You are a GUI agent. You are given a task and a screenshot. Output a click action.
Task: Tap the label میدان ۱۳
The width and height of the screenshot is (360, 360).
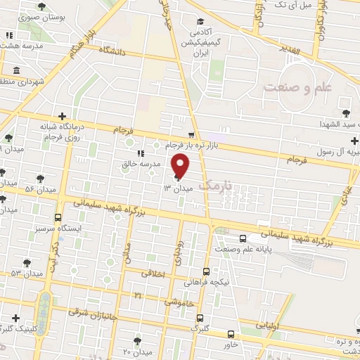(177, 188)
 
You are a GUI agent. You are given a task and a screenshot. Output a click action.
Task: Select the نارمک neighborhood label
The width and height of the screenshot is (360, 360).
(215, 185)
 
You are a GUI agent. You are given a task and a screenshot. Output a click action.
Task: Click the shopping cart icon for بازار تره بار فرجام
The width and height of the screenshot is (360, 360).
(191, 133)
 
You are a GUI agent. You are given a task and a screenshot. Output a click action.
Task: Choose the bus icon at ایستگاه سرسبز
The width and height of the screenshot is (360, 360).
(58, 217)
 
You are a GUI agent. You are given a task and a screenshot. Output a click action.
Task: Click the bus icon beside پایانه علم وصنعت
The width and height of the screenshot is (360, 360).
(243, 238)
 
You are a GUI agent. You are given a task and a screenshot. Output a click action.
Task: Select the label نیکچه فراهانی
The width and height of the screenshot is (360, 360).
(211, 281)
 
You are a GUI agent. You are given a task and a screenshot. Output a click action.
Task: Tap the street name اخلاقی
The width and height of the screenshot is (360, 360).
(153, 274)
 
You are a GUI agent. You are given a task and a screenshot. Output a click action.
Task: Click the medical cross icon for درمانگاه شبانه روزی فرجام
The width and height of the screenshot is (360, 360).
(63, 116)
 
